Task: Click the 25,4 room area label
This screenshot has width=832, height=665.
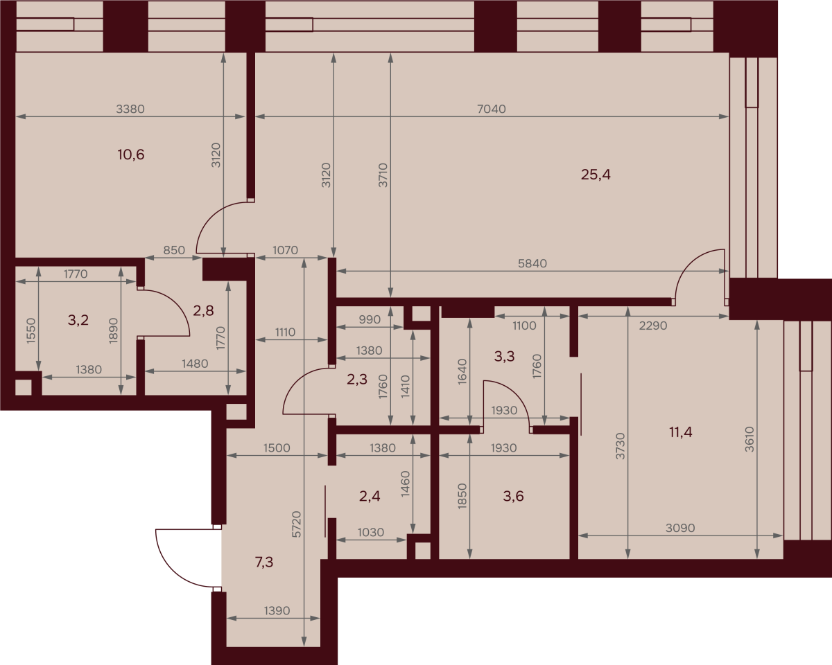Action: point(596,175)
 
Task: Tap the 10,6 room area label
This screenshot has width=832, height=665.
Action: point(130,154)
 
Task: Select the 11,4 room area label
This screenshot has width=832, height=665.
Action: point(680,432)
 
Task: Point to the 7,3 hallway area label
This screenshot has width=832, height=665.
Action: point(264,562)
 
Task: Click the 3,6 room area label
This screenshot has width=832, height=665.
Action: point(514,496)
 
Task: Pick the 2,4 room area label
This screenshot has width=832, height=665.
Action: point(370,496)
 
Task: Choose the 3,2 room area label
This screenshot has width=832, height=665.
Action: point(78,320)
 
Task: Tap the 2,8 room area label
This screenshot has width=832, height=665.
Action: point(203,310)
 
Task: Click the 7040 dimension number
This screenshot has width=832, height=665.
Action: point(492,109)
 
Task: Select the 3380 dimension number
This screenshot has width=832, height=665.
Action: point(130,109)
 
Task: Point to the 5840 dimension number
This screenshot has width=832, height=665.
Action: point(532,263)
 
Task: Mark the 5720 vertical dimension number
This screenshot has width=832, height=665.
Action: point(296,524)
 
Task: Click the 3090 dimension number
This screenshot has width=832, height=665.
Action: point(680,528)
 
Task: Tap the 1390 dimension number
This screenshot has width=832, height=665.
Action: point(277,610)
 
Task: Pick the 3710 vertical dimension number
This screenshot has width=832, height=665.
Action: point(383,175)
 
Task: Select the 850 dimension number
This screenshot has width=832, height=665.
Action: point(174,250)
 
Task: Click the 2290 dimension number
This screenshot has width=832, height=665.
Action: point(653,326)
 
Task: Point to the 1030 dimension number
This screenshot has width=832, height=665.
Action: point(371,533)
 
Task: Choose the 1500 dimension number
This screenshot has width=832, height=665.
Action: point(277,448)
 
